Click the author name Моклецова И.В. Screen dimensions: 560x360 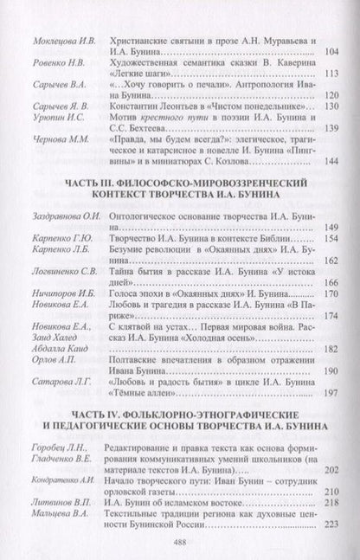[x=54, y=41]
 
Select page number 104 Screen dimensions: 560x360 [x=331, y=53]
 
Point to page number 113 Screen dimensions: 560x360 [x=331, y=74]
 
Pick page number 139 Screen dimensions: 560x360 [x=331, y=130]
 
